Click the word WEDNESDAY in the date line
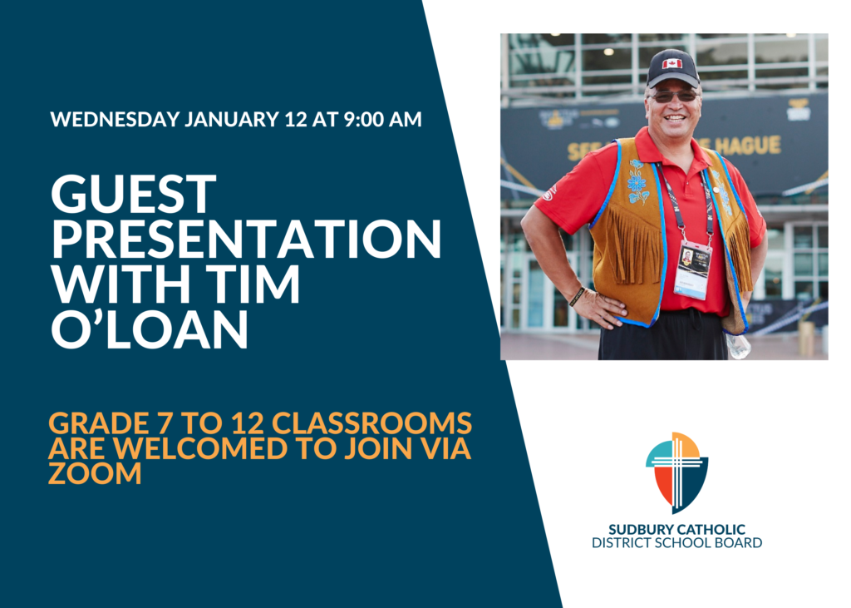tap(115, 120)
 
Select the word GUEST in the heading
tap(134, 194)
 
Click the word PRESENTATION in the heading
tap(246, 239)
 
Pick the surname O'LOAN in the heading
tap(150, 329)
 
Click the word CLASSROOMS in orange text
tap(371, 423)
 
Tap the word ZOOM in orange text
tap(95, 473)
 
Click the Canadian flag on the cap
tap(671, 63)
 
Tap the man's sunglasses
tap(673, 96)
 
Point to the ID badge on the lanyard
tap(692, 269)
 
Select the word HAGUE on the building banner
tap(747, 146)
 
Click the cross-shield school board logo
tap(676, 472)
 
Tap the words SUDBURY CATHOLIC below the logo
tap(676, 529)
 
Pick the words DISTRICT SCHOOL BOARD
tap(676, 543)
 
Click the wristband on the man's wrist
tap(577, 297)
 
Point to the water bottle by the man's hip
tap(738, 345)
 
